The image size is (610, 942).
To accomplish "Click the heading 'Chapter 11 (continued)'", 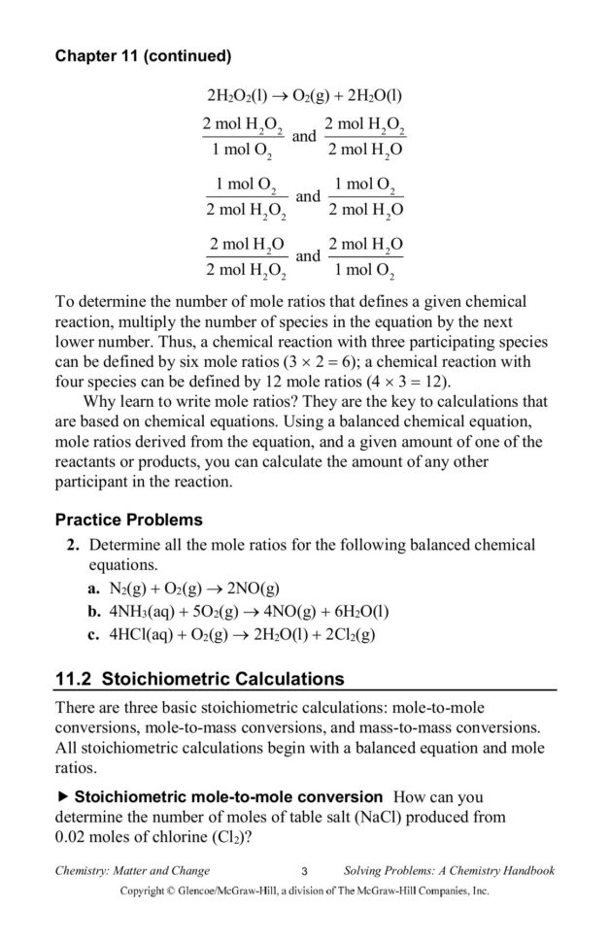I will pyautogui.click(x=143, y=56).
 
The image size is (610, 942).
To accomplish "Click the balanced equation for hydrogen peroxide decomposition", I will pyautogui.click(x=304, y=95).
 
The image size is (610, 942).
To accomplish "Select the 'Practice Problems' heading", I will pyautogui.click(x=128, y=520).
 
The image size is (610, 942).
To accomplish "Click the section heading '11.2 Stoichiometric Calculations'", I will pyautogui.click(x=199, y=678).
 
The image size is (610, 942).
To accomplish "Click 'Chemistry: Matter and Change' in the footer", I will pyautogui.click(x=132, y=870).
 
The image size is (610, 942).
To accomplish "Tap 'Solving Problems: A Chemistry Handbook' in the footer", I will pyautogui.click(x=449, y=870).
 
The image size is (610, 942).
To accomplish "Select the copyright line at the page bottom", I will pyautogui.click(x=304, y=890).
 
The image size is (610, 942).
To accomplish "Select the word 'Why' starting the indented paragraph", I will pyautogui.click(x=101, y=401).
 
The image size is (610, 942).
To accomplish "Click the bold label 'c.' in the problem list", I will pyautogui.click(x=94, y=635).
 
